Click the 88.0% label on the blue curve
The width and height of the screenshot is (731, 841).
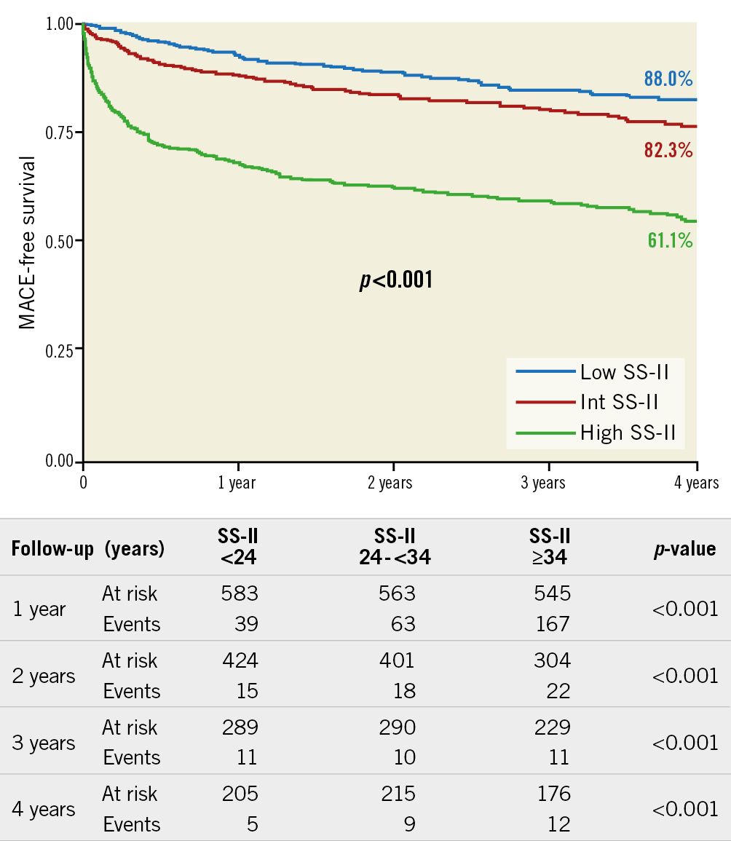pyautogui.click(x=668, y=79)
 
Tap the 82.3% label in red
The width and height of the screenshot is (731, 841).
pyautogui.click(x=668, y=151)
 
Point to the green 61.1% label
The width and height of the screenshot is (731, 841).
pyautogui.click(x=670, y=240)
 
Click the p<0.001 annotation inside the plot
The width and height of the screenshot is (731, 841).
pyautogui.click(x=396, y=280)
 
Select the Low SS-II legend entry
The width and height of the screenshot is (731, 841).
pyautogui.click(x=624, y=373)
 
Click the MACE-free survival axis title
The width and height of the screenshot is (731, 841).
pyautogui.click(x=28, y=242)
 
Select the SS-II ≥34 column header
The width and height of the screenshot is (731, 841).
pyautogui.click(x=550, y=548)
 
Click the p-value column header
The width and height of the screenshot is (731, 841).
pyautogui.click(x=684, y=549)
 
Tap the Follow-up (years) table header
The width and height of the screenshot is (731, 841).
pyautogui.click(x=87, y=549)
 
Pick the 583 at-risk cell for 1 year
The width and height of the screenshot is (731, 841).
pyautogui.click(x=240, y=594)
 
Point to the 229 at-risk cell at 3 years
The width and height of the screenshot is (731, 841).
pyautogui.click(x=555, y=727)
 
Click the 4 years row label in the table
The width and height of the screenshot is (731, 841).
pyautogui.click(x=44, y=810)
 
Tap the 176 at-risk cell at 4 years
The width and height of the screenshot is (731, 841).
pyautogui.click(x=555, y=794)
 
